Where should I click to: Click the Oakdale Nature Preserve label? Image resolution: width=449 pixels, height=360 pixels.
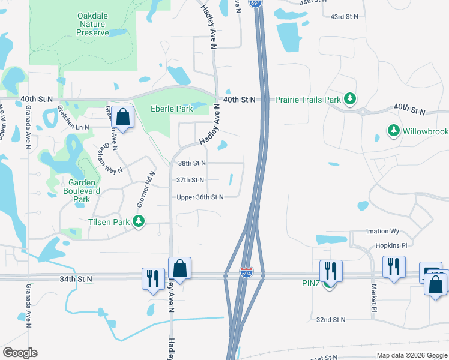tap(93, 24)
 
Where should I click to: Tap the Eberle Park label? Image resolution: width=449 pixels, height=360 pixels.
tap(172, 109)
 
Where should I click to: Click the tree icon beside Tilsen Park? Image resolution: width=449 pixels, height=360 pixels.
tap(139, 222)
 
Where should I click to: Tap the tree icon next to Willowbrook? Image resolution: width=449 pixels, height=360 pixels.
tap(393, 130)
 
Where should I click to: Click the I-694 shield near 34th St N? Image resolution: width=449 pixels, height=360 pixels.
tap(246, 271)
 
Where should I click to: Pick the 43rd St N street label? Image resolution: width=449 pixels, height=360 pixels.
tap(345, 16)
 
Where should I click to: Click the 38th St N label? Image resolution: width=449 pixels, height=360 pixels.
tap(191, 163)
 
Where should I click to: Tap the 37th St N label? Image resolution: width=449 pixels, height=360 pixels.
tap(191, 179)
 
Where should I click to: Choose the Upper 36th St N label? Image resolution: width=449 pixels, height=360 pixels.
tap(200, 197)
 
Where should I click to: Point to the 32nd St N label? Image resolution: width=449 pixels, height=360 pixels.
tap(331, 320)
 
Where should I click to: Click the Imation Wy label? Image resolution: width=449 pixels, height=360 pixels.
tap(382, 231)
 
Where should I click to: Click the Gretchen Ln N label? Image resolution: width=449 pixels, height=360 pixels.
tap(74, 127)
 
